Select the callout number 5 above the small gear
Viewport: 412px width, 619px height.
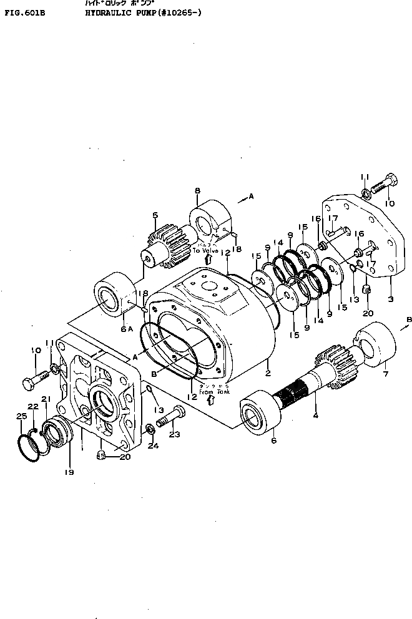pyautogui.click(x=155, y=216)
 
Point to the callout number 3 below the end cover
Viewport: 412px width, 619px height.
pyautogui.click(x=390, y=298)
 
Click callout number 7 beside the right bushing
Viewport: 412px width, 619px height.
pyautogui.click(x=385, y=374)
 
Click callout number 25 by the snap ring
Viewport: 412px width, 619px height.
pyautogui.click(x=21, y=416)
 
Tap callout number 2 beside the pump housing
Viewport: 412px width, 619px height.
pyautogui.click(x=267, y=373)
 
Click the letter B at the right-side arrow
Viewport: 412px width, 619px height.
pyautogui.click(x=409, y=319)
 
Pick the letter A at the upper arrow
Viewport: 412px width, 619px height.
pyautogui.click(x=252, y=196)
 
